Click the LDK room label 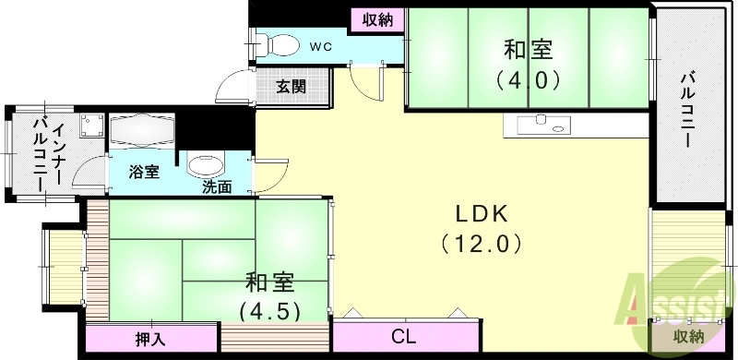480,213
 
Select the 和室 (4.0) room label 530,63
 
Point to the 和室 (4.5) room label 270,294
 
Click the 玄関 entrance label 291,88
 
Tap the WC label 320,45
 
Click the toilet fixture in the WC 277,43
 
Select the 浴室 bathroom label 144,172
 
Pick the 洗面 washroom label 217,186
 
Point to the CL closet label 402,337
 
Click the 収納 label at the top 376,18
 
